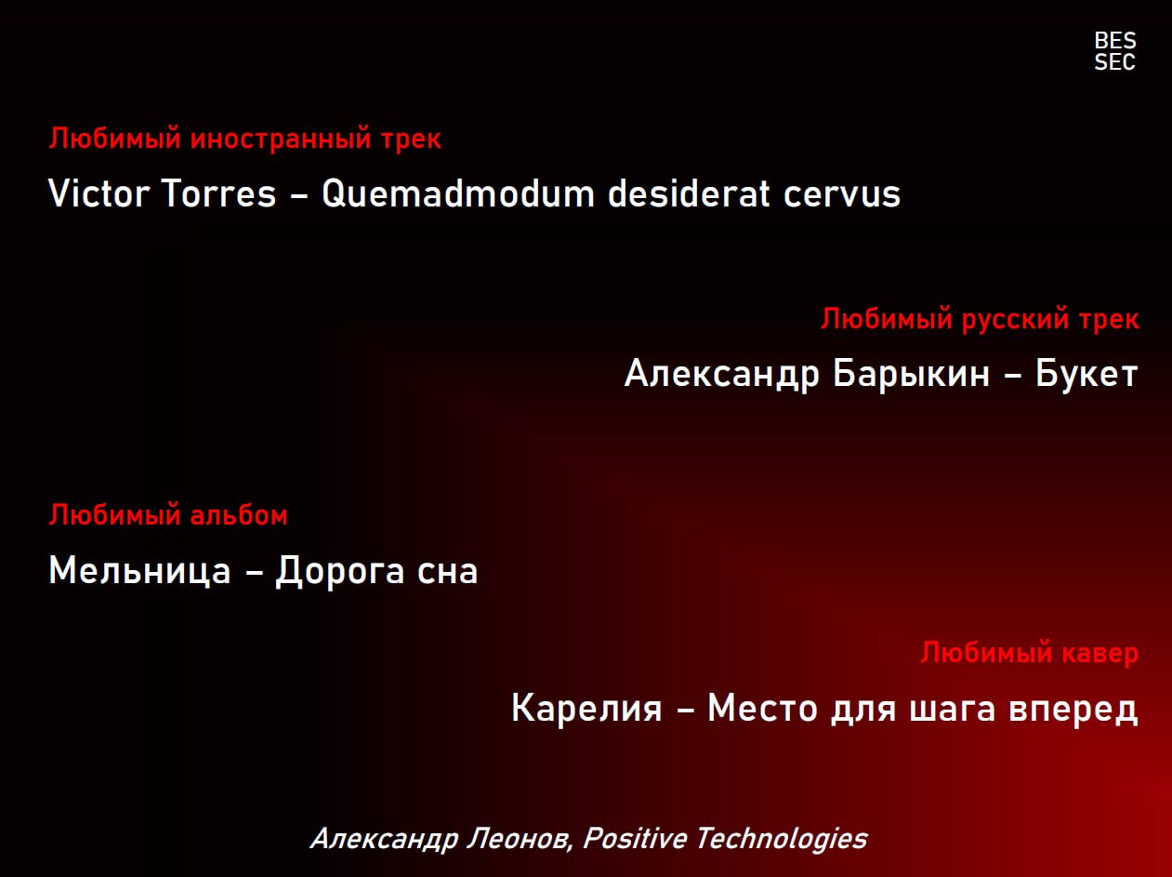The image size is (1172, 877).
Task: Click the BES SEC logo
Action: (x=1115, y=51)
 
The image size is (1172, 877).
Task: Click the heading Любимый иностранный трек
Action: (x=245, y=139)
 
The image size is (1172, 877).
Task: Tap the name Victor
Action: (x=99, y=193)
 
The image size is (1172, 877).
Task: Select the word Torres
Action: (x=218, y=193)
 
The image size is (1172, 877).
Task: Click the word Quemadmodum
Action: (x=458, y=193)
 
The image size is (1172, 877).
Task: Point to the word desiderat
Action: (x=689, y=193)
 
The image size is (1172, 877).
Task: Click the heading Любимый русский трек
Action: (x=981, y=319)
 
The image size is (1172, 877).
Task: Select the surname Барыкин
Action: (x=912, y=373)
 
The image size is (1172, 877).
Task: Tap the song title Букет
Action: (x=1086, y=373)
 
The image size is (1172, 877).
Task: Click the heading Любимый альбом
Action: (x=168, y=515)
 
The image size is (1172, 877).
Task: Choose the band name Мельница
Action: (x=140, y=570)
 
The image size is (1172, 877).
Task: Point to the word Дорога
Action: (x=340, y=571)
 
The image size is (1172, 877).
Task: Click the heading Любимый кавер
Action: (x=1030, y=653)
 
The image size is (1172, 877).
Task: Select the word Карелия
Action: (x=586, y=708)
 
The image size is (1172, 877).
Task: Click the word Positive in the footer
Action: (x=635, y=838)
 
